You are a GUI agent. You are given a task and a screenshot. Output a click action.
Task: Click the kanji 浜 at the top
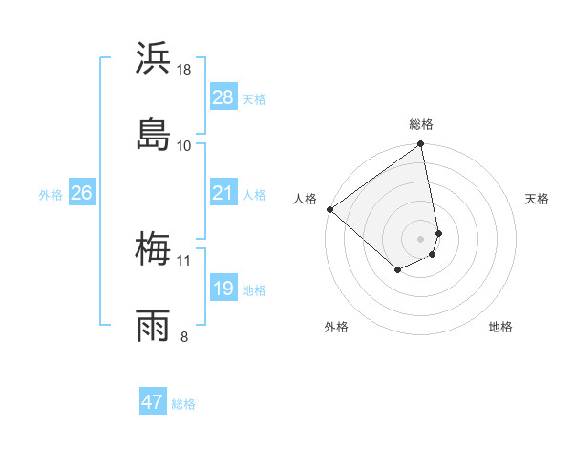tap(154, 59)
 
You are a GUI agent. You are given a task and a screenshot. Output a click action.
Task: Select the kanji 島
tap(154, 135)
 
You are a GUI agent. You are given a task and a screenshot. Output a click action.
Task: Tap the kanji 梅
tap(154, 250)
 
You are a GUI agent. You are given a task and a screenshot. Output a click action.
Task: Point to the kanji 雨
tap(154, 325)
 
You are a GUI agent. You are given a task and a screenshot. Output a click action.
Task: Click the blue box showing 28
tap(223, 97)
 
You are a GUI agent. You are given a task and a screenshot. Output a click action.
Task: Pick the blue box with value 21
tap(223, 194)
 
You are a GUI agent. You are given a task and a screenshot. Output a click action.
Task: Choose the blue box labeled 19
tap(223, 289)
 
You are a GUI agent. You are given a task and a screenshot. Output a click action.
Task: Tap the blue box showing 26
tap(81, 194)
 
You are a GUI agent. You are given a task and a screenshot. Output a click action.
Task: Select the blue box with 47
tap(153, 402)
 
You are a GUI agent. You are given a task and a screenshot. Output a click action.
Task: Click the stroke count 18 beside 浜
tap(184, 70)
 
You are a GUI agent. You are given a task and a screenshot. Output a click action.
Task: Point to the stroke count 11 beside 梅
tap(184, 260)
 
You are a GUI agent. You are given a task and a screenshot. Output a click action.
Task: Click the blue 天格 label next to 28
tap(254, 98)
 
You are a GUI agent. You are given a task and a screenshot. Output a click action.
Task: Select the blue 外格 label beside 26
tap(51, 195)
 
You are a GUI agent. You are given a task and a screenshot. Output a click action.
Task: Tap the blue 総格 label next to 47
tap(183, 404)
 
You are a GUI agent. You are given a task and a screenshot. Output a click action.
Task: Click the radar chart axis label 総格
tap(421, 124)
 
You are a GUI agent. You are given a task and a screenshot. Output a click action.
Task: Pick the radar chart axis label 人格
tap(305, 199)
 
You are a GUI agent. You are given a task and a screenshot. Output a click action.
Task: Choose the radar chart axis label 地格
tap(500, 327)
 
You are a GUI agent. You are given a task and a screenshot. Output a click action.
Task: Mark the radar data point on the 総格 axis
tap(421, 145)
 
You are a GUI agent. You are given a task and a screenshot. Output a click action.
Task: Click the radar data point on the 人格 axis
tap(329, 209)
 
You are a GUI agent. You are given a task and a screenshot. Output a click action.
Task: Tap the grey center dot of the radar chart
tap(421, 238)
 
